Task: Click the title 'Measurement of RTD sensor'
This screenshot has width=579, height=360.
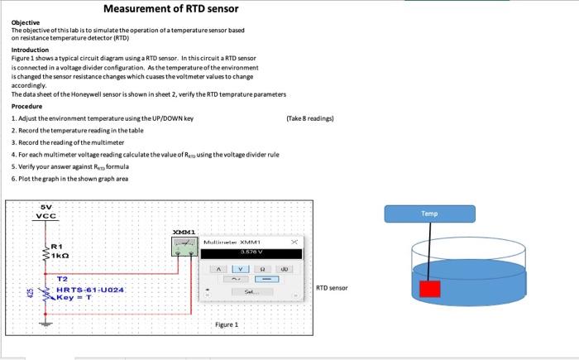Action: point(170,9)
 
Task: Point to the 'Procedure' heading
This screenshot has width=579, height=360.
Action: point(27,107)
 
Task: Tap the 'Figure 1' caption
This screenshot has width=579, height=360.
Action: point(224,325)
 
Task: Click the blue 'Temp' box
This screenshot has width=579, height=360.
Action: point(428,213)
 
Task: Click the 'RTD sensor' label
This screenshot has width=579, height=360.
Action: point(331,289)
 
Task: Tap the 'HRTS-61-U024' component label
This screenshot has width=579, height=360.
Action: point(91,290)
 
